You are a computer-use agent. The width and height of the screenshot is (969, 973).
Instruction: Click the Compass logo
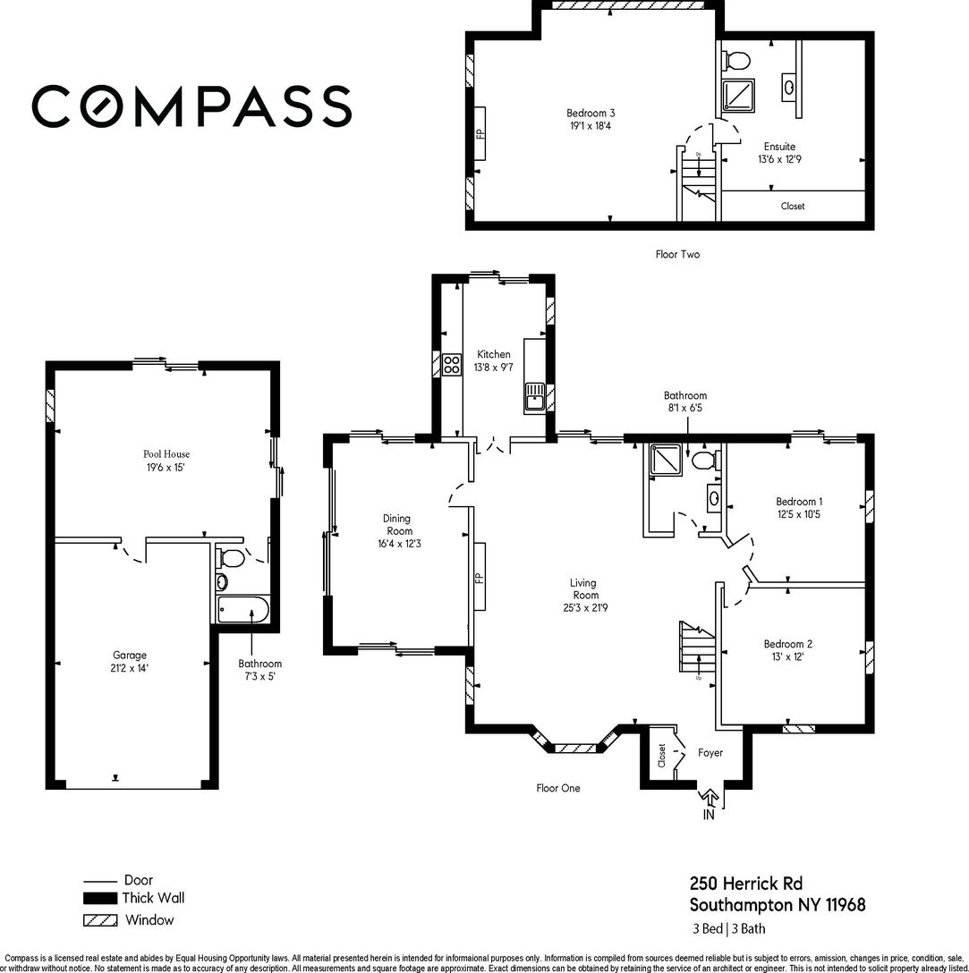[191, 106]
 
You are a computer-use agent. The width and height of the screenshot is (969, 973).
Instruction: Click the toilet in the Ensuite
[737, 61]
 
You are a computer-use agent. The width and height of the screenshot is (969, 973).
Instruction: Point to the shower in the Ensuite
[738, 96]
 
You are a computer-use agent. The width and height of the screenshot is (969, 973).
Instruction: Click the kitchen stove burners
[452, 364]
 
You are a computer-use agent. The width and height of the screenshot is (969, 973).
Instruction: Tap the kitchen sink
[534, 397]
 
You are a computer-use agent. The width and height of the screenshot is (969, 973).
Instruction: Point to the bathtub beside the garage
[242, 609]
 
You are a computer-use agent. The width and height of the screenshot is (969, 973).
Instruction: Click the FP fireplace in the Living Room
[480, 577]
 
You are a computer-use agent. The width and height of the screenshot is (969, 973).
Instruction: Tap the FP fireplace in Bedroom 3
[480, 133]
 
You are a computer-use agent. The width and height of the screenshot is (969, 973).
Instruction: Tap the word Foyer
[710, 753]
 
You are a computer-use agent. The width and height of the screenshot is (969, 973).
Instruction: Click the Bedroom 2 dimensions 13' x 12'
[787, 656]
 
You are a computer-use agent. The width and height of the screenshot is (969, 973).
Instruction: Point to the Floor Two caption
[677, 254]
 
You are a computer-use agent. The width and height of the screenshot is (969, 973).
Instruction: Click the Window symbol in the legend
[100, 920]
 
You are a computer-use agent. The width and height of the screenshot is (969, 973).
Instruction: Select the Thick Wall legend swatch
[100, 898]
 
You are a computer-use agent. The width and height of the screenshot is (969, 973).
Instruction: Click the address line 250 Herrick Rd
[746, 883]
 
